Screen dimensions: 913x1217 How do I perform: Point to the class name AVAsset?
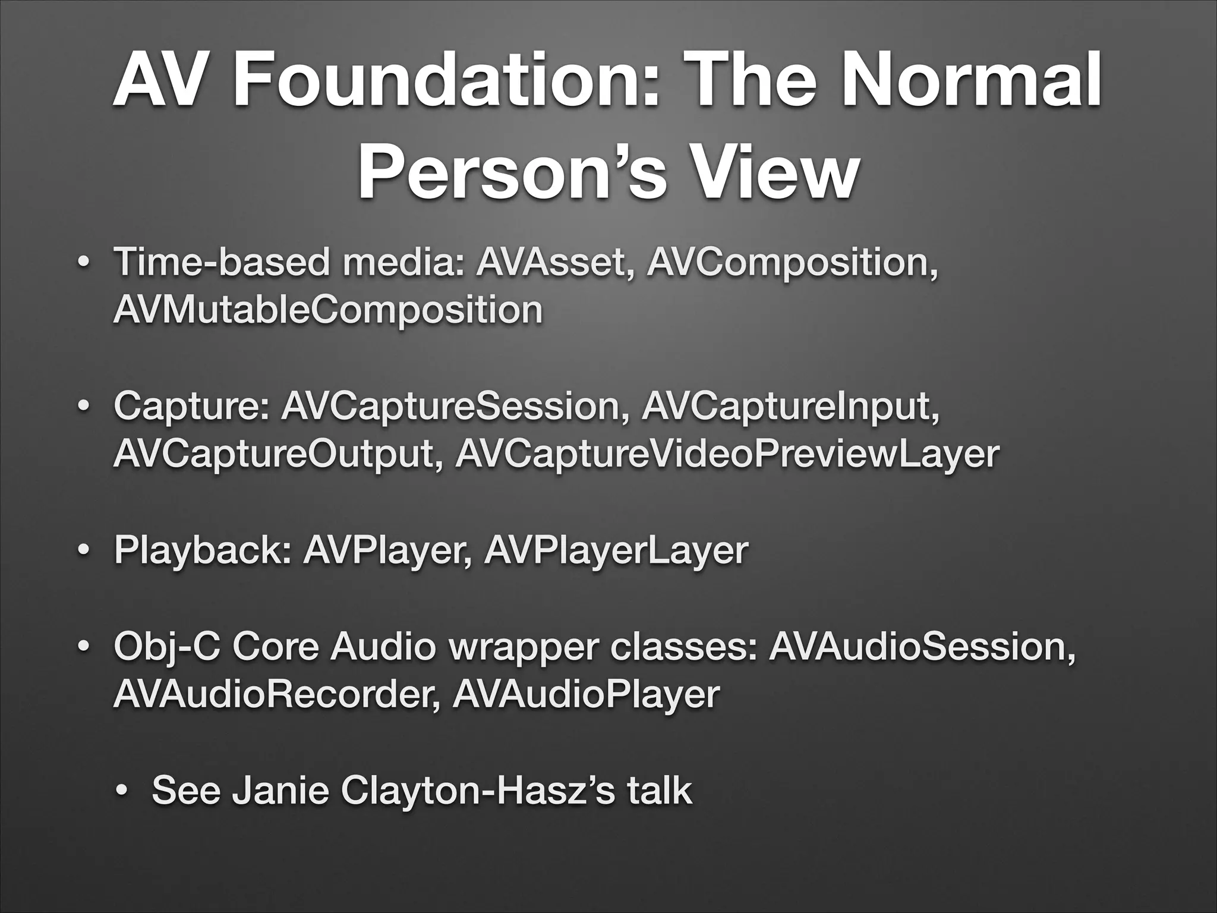click(553, 262)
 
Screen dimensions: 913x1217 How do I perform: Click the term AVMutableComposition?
click(327, 310)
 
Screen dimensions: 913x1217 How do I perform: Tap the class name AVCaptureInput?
click(790, 407)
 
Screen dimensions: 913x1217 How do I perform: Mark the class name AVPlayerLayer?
click(616, 551)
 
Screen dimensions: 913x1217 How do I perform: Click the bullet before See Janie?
click(122, 792)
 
